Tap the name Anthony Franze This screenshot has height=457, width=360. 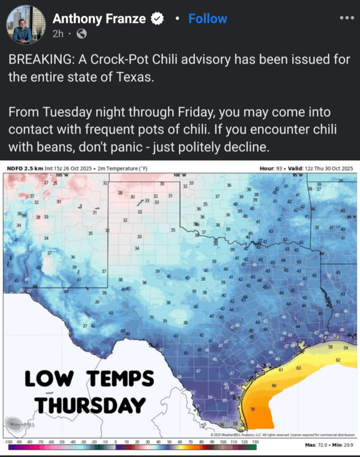[98, 19]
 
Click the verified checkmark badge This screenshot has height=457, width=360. [157, 19]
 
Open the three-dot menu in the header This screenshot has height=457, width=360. [346, 17]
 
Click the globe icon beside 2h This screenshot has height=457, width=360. [82, 34]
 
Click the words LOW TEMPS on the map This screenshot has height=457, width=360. [89, 380]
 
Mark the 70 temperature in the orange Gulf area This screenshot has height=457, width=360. [252, 410]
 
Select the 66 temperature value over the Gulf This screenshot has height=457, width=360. [274, 385]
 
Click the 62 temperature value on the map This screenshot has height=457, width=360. [338, 360]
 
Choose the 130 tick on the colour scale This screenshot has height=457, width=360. [255, 442]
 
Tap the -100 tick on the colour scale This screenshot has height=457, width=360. [9, 442]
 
